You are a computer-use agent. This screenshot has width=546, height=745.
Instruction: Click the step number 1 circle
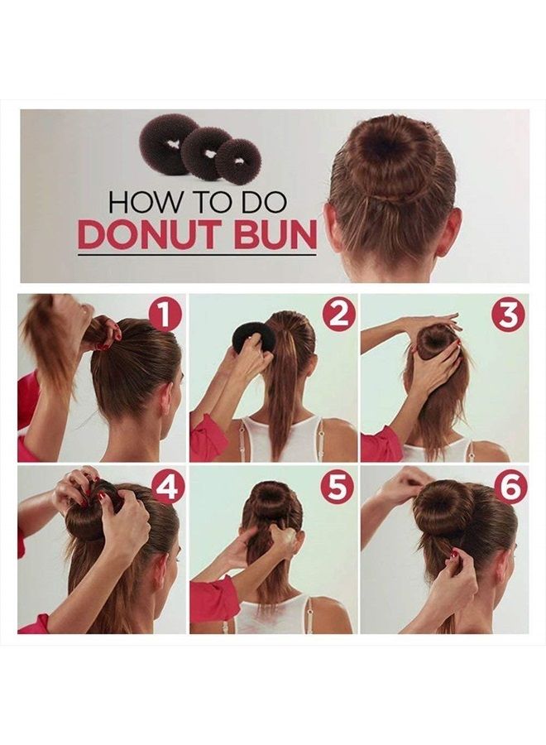pyautogui.click(x=165, y=315)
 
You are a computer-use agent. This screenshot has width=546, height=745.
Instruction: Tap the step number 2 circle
pyautogui.click(x=338, y=315)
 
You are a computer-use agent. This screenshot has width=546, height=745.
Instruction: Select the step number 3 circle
pyautogui.click(x=508, y=315)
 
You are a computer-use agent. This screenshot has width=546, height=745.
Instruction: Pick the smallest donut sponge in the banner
pyautogui.click(x=238, y=160)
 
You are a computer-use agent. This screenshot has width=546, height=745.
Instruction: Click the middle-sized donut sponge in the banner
pyautogui.click(x=207, y=152)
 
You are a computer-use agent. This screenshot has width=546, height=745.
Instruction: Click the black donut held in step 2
pyautogui.click(x=253, y=336)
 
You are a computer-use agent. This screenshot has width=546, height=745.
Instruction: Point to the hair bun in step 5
pyautogui.click(x=271, y=501)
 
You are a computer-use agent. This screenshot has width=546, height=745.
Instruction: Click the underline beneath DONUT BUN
pyautogui.click(x=197, y=255)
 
